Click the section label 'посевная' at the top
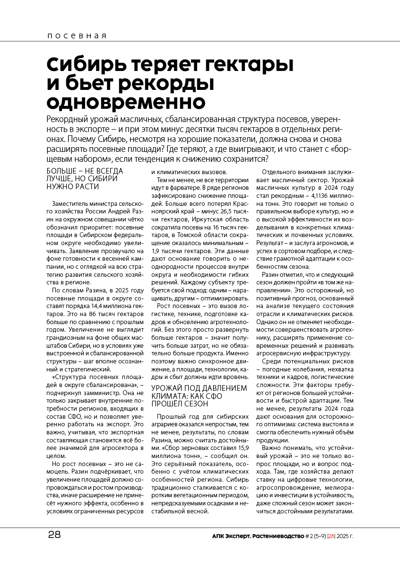(77, 36)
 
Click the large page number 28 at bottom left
(54, 535)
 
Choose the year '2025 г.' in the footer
(344, 536)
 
